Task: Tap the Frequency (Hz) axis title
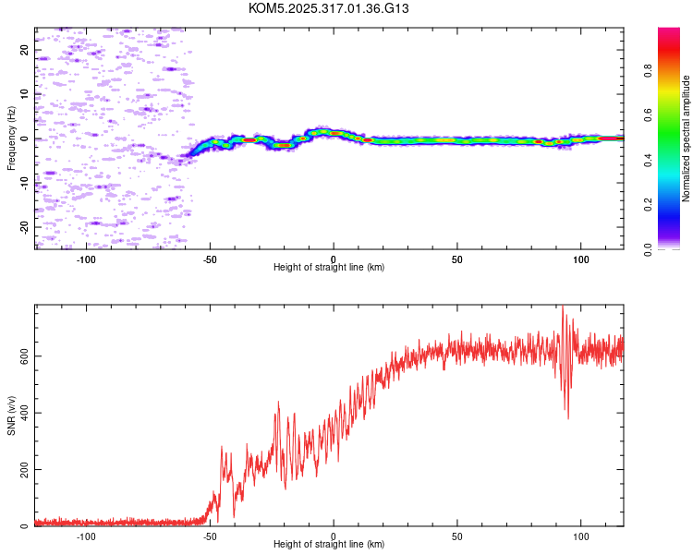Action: [x=12, y=138]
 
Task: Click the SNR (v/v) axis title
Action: [x=12, y=416]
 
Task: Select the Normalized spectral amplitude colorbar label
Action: [x=687, y=138]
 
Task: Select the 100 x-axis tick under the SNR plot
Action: [x=581, y=536]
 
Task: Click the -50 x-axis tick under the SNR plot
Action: [x=210, y=536]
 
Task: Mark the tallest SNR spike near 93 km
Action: [x=563, y=307]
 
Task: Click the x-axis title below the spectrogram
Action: [x=329, y=268]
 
